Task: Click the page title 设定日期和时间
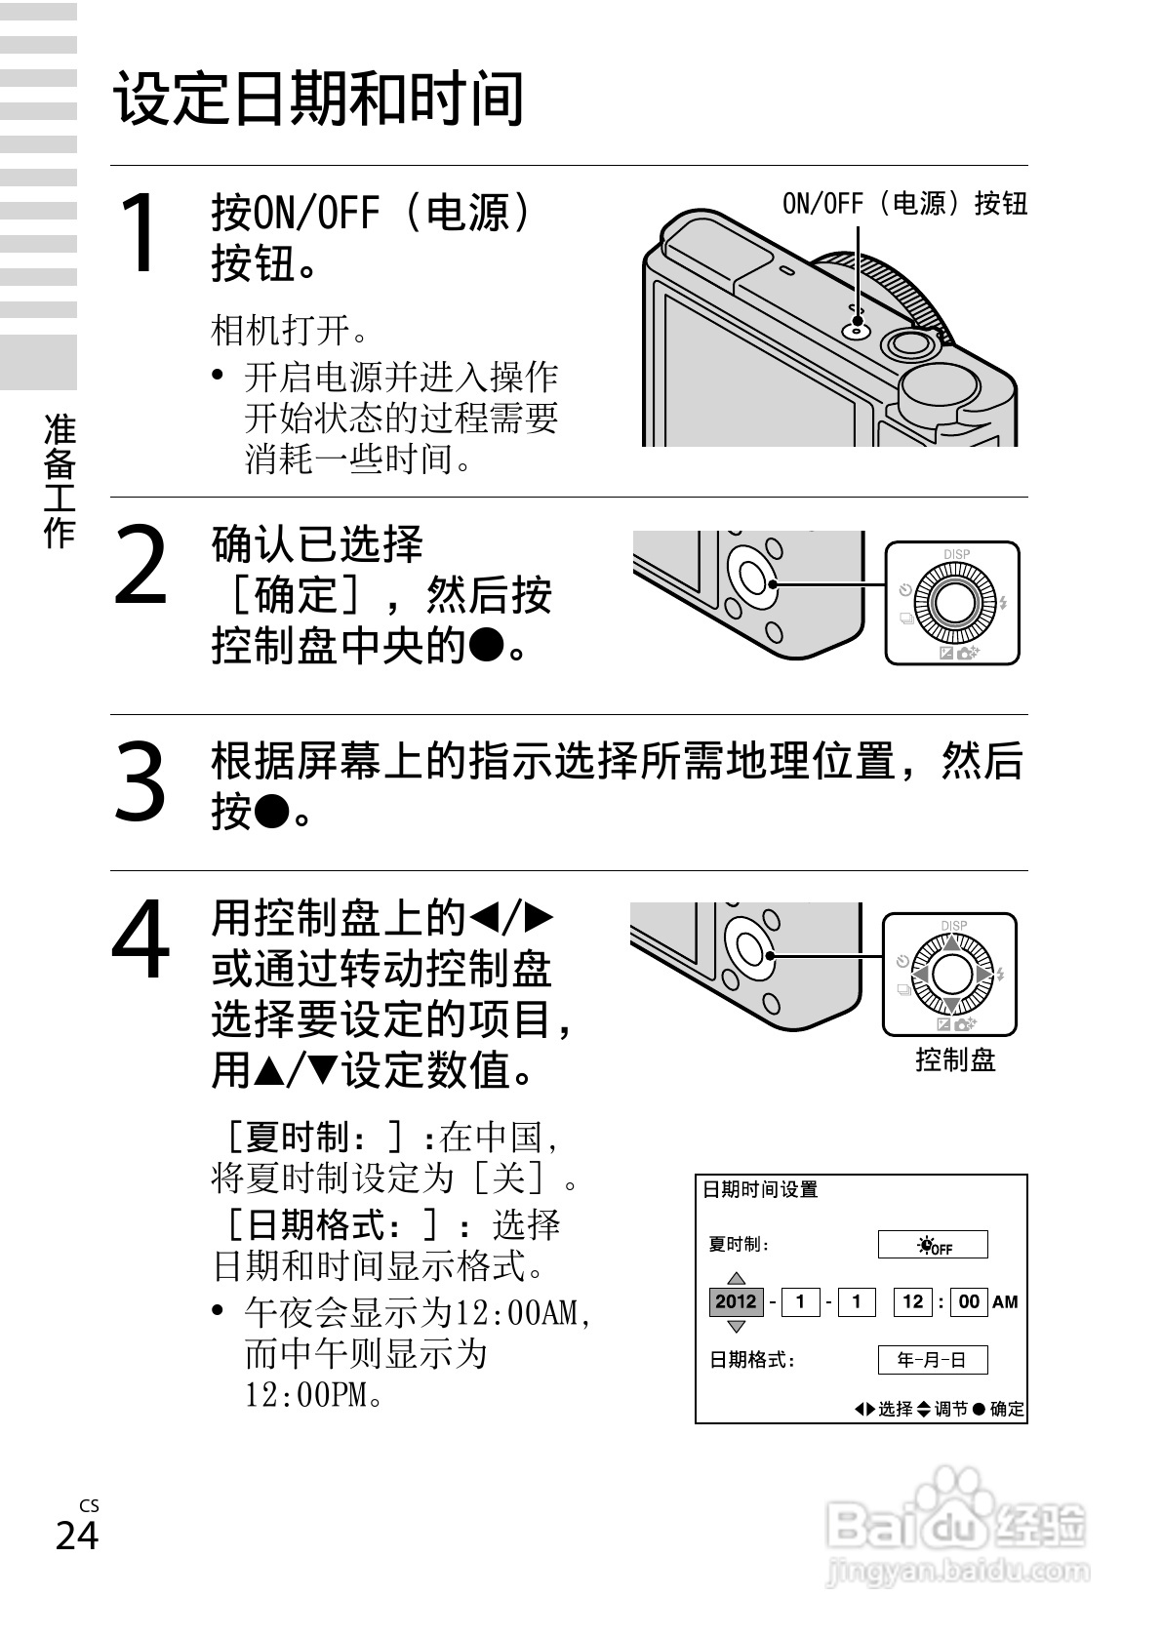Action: [320, 99]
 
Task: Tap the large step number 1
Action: [140, 234]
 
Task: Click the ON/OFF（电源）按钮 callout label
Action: [904, 203]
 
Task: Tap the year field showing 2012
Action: [736, 1301]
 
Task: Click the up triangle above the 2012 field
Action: [737, 1278]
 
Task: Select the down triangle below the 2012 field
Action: [737, 1326]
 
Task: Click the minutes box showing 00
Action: [969, 1301]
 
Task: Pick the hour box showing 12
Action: [913, 1301]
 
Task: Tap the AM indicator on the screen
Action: [1005, 1302]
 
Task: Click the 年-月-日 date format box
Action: [932, 1359]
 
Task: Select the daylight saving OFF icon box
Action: [933, 1245]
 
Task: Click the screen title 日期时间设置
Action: [760, 1189]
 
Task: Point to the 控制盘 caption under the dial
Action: [954, 1059]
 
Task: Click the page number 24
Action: [76, 1536]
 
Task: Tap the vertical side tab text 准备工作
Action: [60, 481]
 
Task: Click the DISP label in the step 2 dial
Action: [955, 555]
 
